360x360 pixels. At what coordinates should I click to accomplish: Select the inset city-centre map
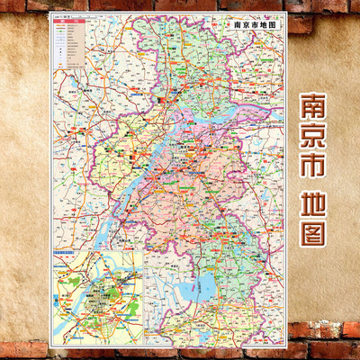coord(99,298)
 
